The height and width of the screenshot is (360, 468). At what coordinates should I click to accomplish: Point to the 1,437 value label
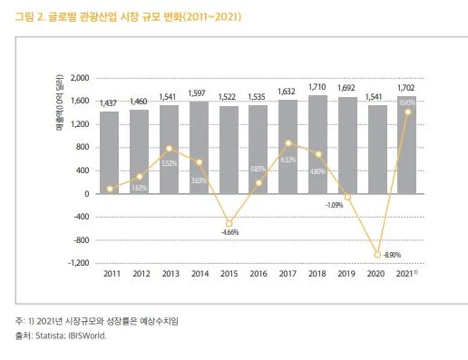[x=110, y=104]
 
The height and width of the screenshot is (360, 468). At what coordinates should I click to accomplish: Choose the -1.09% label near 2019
[x=334, y=205]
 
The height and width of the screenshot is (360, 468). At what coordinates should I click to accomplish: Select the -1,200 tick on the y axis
[x=76, y=263]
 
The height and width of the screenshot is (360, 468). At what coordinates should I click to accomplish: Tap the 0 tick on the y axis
[x=86, y=194]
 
